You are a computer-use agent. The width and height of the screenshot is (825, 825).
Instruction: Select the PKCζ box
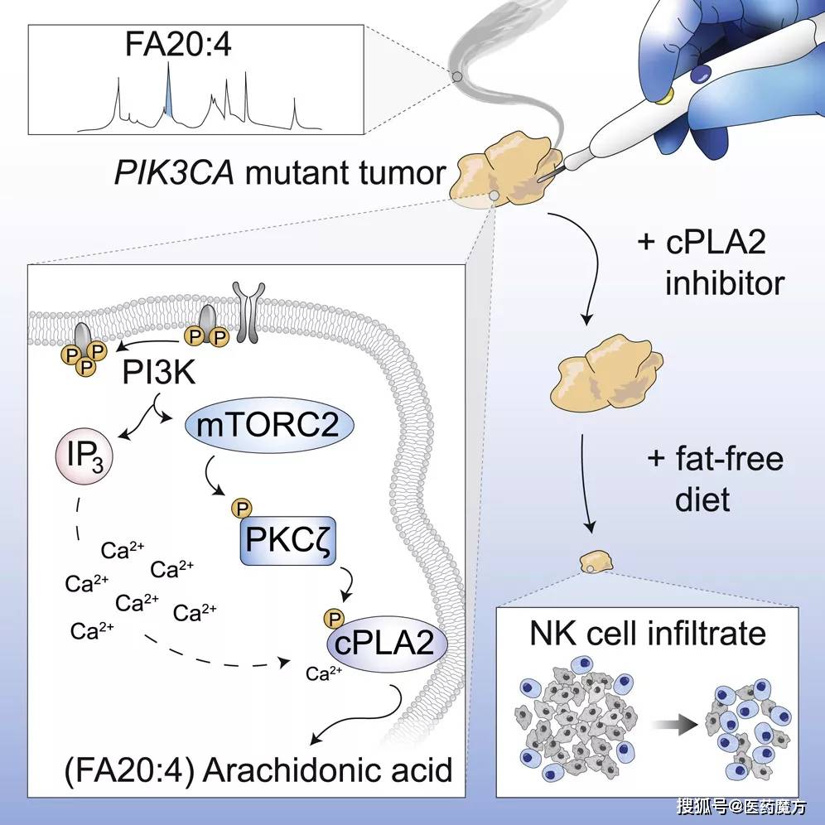pos(287,540)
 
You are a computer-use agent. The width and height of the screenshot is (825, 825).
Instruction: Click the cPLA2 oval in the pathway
pos(387,644)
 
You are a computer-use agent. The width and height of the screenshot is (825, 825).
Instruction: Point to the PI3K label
pos(159,373)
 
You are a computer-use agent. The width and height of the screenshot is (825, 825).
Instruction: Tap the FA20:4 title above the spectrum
pos(178,45)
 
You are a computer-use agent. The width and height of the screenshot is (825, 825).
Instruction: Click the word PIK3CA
pos(174,172)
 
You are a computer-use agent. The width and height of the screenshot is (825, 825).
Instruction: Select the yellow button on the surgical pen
pos(667,95)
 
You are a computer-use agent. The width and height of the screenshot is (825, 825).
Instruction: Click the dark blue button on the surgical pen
pos(701,73)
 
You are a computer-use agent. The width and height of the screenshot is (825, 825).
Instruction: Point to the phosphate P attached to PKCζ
pos(242,509)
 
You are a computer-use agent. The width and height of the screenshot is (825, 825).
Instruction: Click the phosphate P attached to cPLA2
pos(335,618)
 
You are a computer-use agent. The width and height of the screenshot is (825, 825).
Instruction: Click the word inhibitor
pos(725,283)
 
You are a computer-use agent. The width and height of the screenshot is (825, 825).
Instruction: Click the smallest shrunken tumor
pos(596,562)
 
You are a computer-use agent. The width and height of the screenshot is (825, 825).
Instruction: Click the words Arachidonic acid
pos(327,770)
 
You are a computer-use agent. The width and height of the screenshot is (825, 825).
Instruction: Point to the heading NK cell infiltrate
pos(647,633)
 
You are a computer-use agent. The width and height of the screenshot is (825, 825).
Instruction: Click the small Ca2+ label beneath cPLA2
pos(324,673)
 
